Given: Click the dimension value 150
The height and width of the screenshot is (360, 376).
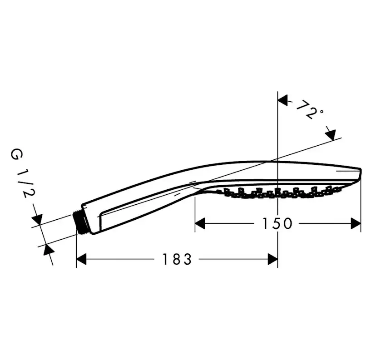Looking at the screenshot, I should point(277,223).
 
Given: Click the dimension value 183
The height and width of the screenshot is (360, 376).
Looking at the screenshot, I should point(177,259).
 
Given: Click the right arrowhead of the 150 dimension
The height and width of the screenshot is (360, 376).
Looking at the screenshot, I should point(356,223).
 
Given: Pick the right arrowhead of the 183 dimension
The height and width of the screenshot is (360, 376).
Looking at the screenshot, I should point(272,259).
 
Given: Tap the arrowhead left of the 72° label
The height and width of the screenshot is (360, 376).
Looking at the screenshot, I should point(283,100).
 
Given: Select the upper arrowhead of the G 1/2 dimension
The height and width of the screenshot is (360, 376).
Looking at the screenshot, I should point(37,220).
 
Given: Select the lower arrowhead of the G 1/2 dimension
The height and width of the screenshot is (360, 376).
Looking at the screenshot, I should point(48,250).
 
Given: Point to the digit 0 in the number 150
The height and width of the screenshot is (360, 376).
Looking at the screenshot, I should point(287,223).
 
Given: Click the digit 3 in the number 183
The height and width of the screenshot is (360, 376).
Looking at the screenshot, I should point(187,259).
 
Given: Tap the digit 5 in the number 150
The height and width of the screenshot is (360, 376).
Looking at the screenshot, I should point(276,223).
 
